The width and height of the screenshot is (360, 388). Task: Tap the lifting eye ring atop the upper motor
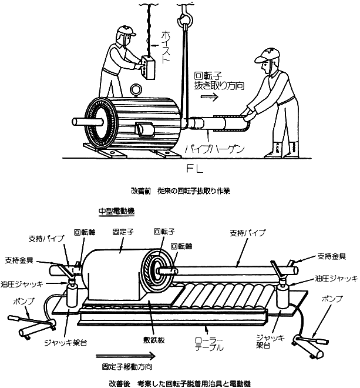click(x=136, y=89)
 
